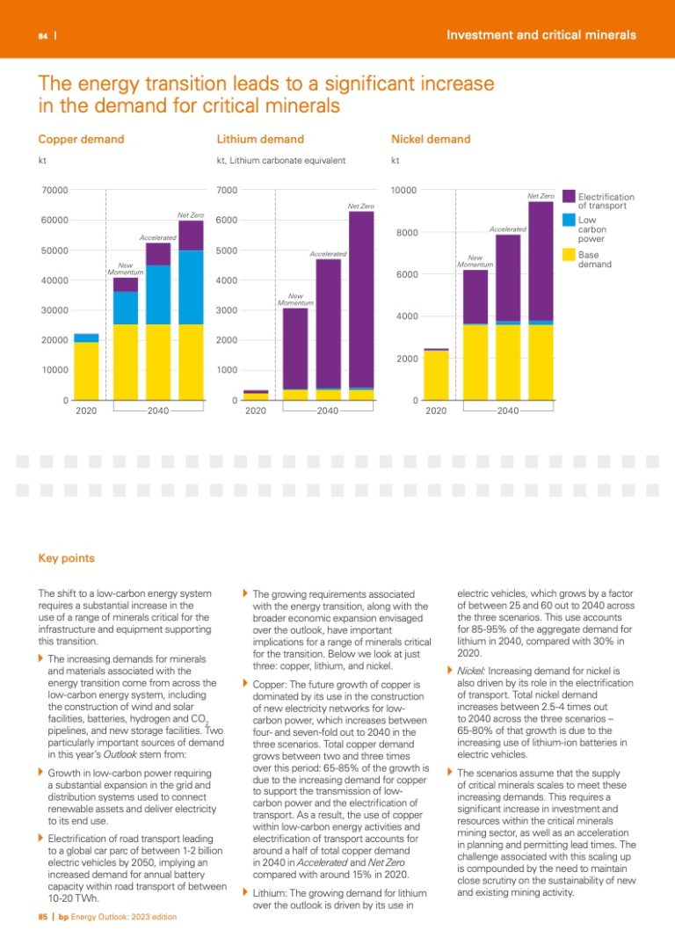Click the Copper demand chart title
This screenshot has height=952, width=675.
pos(81,139)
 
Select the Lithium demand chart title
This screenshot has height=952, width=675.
pos(259,139)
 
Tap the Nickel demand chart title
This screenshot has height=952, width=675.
pos(430,139)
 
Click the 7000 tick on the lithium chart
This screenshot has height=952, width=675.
pos(227,190)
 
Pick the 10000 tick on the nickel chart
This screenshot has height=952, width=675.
pos(403,190)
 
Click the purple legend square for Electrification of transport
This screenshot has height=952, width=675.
pos(569,197)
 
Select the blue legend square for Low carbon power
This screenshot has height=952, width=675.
pos(569,222)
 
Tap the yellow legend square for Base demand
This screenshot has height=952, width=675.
pos(569,256)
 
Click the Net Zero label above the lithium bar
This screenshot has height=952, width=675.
pos(360,207)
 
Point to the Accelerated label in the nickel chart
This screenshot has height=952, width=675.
pos(507,229)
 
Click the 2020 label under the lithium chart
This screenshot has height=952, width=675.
pos(256,411)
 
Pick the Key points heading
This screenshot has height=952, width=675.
pos(66,558)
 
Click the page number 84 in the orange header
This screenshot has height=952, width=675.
pos(42,36)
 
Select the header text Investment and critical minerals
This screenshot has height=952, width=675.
pos(541,35)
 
